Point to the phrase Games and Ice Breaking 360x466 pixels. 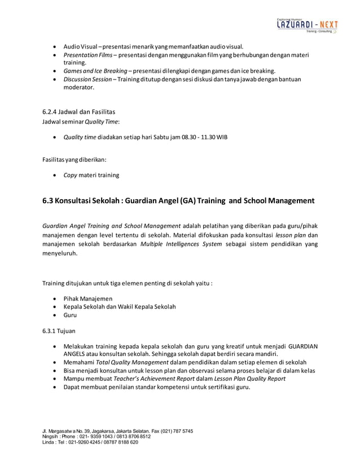(95, 71)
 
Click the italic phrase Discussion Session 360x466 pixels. (87, 80)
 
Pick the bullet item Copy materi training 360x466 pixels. (91, 175)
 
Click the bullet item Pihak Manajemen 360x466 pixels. (87, 298)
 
